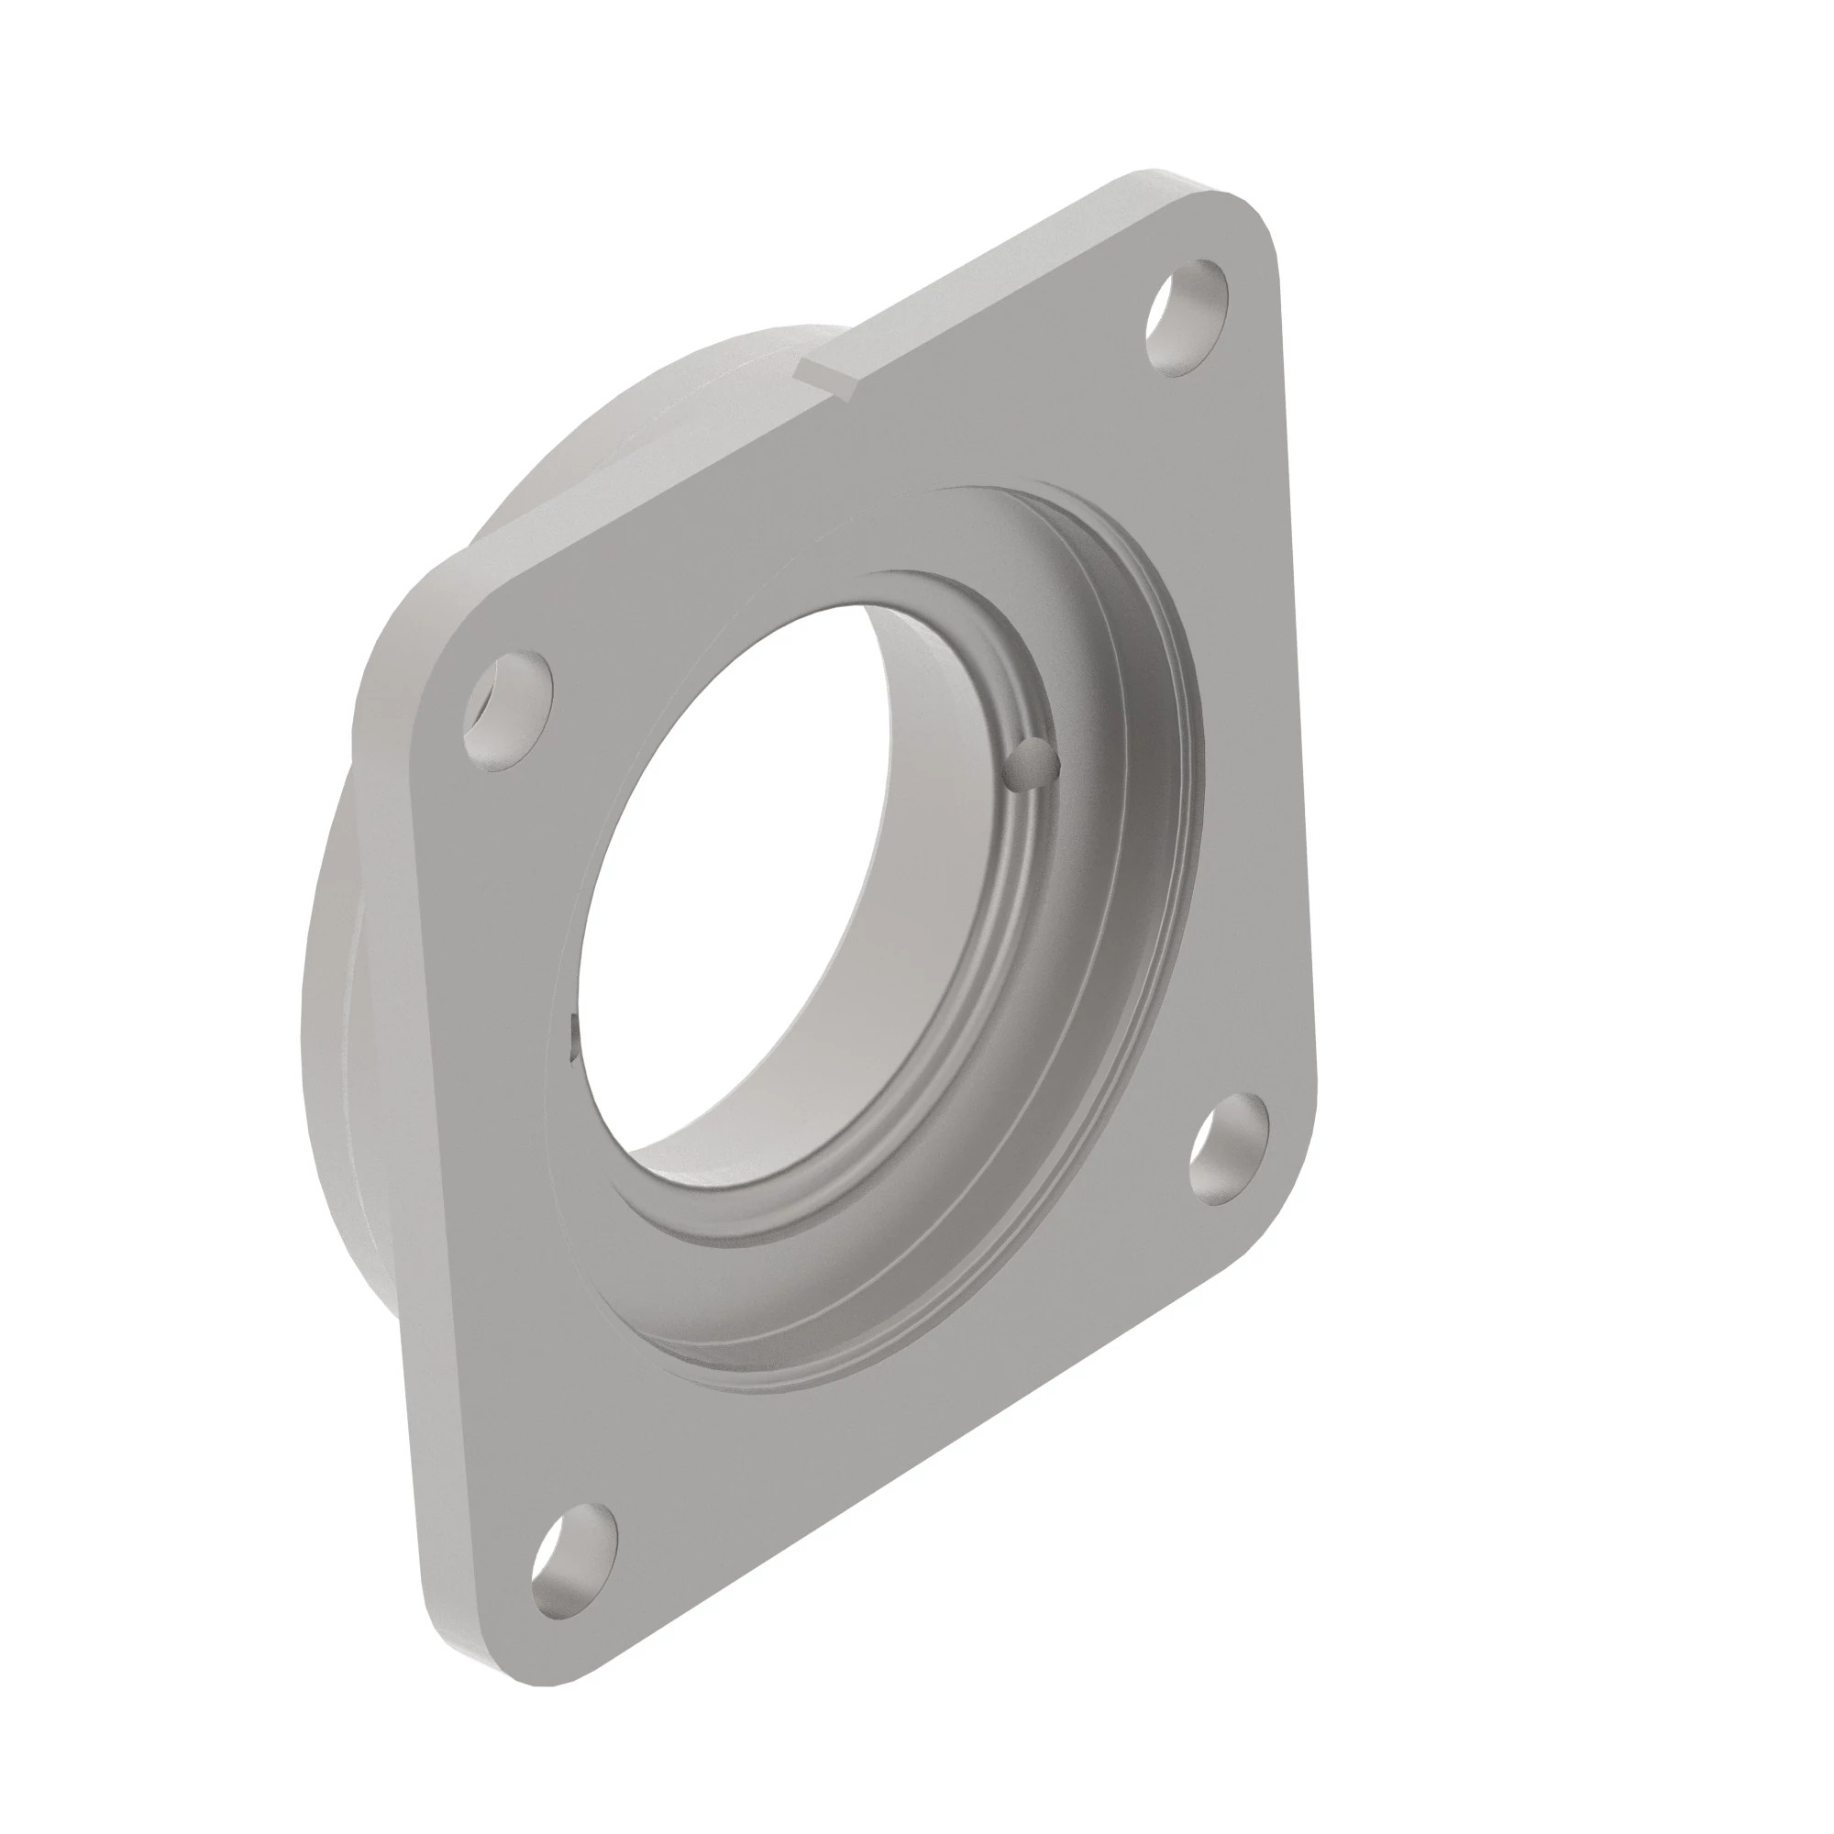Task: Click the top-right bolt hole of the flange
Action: coord(1188,317)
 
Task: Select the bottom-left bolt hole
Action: coord(569,1562)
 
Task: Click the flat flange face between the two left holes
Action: coord(493,1139)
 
